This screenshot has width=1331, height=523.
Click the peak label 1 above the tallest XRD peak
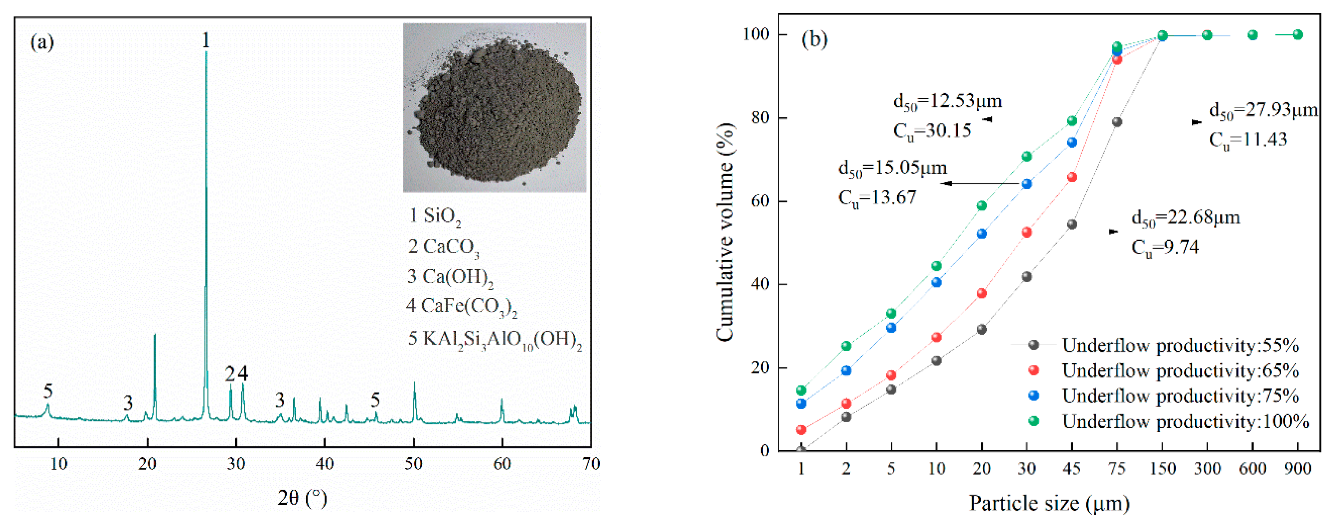(x=206, y=40)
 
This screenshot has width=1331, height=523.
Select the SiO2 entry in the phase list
(x=435, y=216)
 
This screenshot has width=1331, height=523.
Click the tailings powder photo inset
(x=494, y=108)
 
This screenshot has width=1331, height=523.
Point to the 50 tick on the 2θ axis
(x=413, y=464)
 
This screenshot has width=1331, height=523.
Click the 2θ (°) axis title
(x=302, y=498)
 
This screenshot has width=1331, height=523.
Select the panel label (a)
(x=42, y=42)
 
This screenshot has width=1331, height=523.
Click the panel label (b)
(x=814, y=39)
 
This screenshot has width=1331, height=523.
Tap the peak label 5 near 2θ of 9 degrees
(x=48, y=391)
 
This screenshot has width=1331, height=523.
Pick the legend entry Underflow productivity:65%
(x=1180, y=371)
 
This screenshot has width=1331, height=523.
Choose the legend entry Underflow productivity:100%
(x=1185, y=421)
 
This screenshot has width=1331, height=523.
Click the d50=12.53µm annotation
(x=947, y=101)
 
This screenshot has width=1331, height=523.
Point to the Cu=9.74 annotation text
(x=1165, y=247)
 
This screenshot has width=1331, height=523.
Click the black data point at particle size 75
(x=1117, y=122)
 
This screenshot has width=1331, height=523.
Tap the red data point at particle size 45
(x=1072, y=178)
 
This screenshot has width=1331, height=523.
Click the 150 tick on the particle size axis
(x=1162, y=469)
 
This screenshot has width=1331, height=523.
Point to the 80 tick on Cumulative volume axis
(x=760, y=118)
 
